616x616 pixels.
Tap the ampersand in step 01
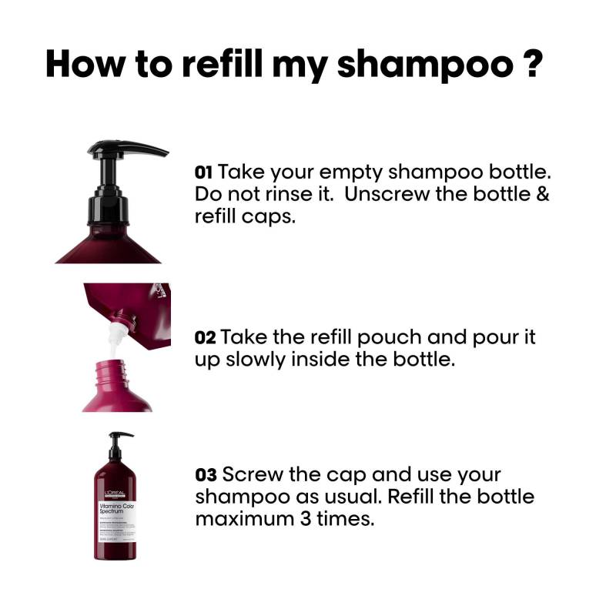click(x=541, y=193)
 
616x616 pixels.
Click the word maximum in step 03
click(x=239, y=519)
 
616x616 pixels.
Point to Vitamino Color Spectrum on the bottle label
click(x=115, y=509)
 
